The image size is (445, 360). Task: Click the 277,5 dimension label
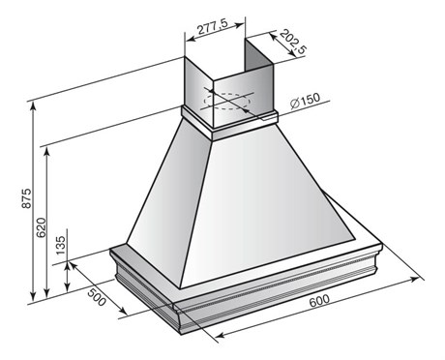click(213, 26)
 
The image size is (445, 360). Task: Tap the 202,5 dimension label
click(293, 42)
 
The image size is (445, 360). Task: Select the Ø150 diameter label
click(305, 101)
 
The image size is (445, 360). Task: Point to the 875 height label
click(26, 197)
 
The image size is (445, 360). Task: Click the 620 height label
click(41, 227)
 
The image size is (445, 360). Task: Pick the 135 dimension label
click(60, 245)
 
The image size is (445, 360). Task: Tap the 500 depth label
click(97, 297)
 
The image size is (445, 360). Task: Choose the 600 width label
click(319, 301)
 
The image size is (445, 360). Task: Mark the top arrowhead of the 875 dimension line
click(33, 107)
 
